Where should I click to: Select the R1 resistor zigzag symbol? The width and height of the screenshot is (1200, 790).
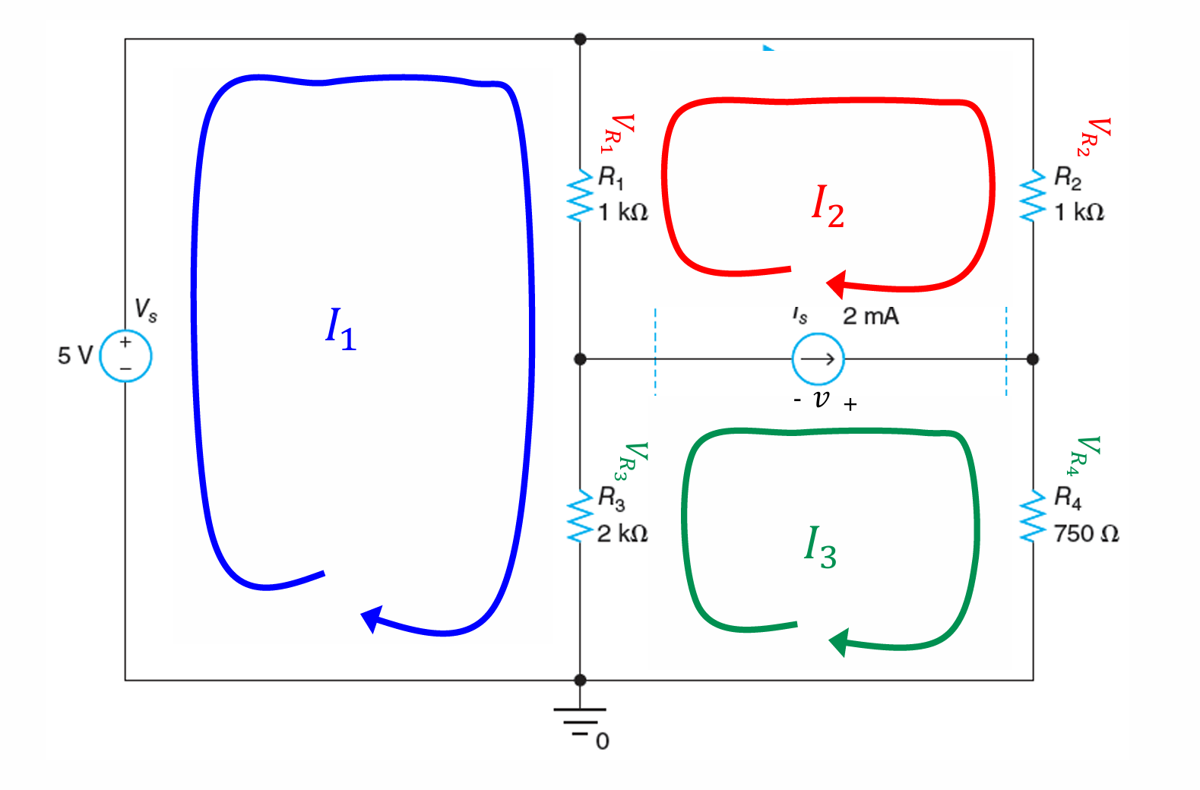[580, 195]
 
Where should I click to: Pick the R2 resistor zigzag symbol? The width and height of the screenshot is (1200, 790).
[1033, 195]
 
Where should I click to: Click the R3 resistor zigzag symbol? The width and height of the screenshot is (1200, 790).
[580, 516]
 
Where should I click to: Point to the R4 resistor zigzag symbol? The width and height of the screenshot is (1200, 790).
[1033, 516]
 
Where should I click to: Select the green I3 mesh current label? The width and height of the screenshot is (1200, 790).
[820, 547]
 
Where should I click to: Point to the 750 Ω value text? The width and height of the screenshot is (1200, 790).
[1087, 534]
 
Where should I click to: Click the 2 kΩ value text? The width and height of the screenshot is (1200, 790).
[622, 534]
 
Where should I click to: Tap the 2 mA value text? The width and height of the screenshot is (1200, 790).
[871, 316]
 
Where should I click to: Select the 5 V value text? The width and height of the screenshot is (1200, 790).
[75, 355]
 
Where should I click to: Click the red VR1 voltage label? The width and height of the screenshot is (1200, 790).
[618, 134]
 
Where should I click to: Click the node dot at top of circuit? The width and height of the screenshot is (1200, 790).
[580, 39]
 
